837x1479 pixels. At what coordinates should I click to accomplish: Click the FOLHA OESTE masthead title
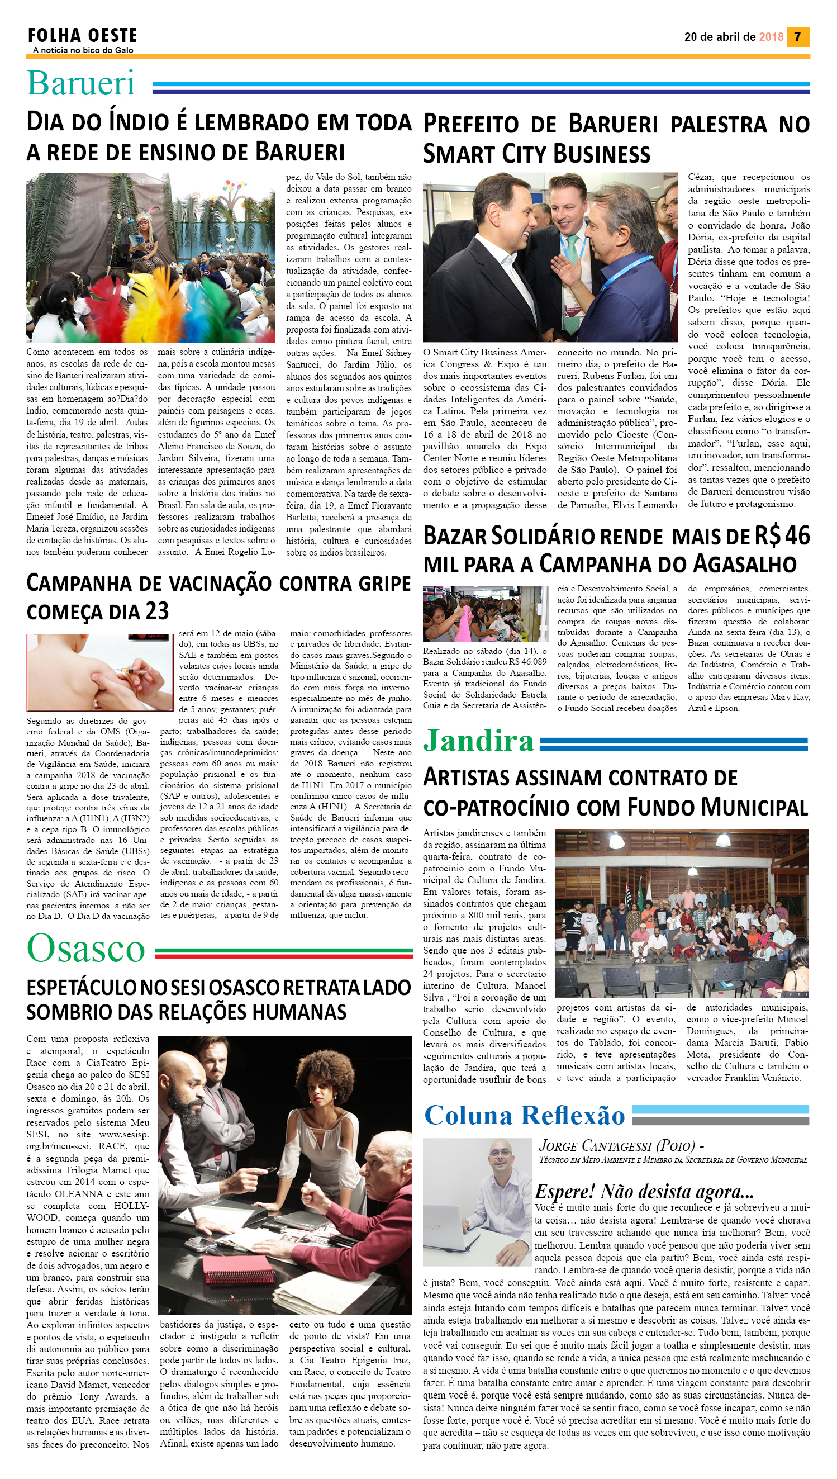82,36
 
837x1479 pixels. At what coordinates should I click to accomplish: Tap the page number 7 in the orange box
797,37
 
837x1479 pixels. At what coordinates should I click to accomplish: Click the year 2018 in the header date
771,37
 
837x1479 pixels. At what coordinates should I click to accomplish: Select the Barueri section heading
80,83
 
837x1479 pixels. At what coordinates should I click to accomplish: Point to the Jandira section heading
478,741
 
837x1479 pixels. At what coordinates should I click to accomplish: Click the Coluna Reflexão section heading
524,1116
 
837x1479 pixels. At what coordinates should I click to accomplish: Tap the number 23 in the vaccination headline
156,611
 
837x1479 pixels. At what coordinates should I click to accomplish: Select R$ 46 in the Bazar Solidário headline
782,536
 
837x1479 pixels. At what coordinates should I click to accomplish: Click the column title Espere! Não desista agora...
644,1191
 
